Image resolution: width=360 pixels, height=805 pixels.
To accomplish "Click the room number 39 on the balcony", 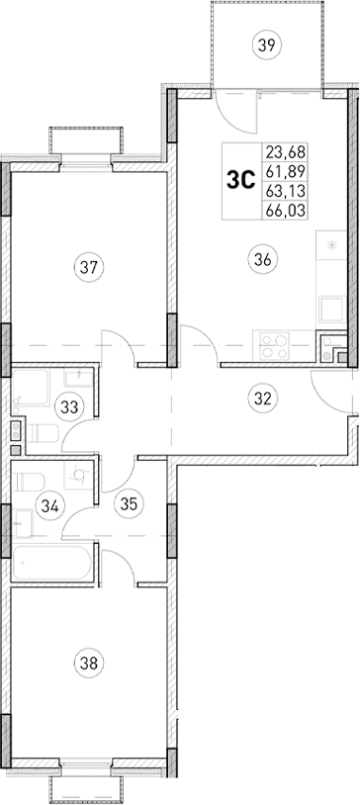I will pos(264,43).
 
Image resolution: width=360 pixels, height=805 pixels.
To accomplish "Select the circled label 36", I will pos(263,259).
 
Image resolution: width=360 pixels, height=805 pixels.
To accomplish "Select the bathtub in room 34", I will pos(54,563).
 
